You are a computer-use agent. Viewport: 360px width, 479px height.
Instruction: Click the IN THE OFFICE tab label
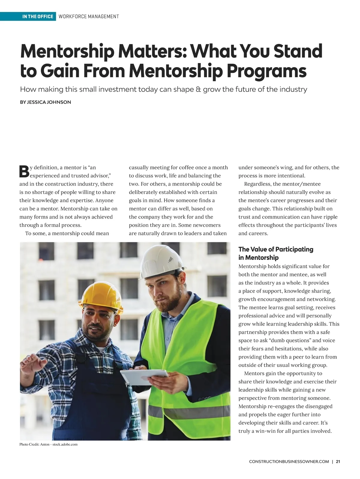tap(37, 16)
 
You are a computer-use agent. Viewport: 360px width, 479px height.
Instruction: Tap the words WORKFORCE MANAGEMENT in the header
tap(89, 16)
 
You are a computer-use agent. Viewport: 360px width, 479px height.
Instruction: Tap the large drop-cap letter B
tap(24, 171)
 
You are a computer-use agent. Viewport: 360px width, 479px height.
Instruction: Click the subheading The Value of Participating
tap(276, 249)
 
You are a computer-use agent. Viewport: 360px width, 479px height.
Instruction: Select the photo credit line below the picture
tap(49, 444)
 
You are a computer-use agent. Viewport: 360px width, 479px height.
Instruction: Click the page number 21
tap(338, 462)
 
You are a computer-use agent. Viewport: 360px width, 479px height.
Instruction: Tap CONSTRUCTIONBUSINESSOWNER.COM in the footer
tap(289, 462)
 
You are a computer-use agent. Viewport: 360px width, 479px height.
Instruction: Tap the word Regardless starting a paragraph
tap(257, 184)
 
